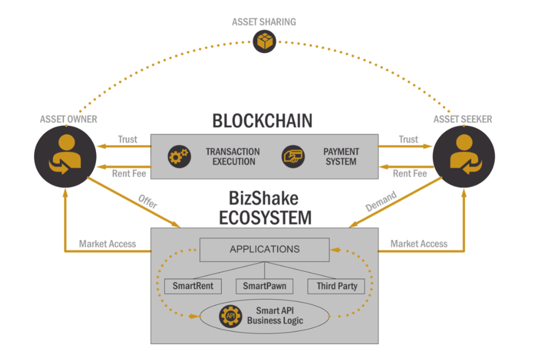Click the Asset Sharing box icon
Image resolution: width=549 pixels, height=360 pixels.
pos(264,41)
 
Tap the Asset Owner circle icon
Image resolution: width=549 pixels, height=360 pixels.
pos(65,156)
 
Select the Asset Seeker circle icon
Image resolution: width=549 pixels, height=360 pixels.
pos(464,156)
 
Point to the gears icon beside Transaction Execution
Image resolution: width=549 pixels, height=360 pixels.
pos(179,156)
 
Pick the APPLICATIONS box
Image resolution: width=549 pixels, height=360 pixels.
pos(265,249)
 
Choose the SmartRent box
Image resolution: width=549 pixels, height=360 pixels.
pos(189,286)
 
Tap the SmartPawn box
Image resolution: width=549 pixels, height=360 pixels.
pos(264,286)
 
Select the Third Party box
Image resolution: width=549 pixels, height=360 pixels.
pos(337,286)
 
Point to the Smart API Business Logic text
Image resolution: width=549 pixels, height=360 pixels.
pos(274,316)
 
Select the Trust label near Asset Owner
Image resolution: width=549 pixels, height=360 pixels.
pos(128,139)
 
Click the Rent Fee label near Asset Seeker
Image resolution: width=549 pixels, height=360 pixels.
pos(410,173)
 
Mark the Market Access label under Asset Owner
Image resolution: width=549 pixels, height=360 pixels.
pos(107,244)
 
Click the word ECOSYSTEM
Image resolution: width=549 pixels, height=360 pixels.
pos(265,217)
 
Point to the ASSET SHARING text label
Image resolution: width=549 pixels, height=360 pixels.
pos(264,22)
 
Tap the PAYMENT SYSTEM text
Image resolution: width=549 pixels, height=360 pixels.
pos(340,156)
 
